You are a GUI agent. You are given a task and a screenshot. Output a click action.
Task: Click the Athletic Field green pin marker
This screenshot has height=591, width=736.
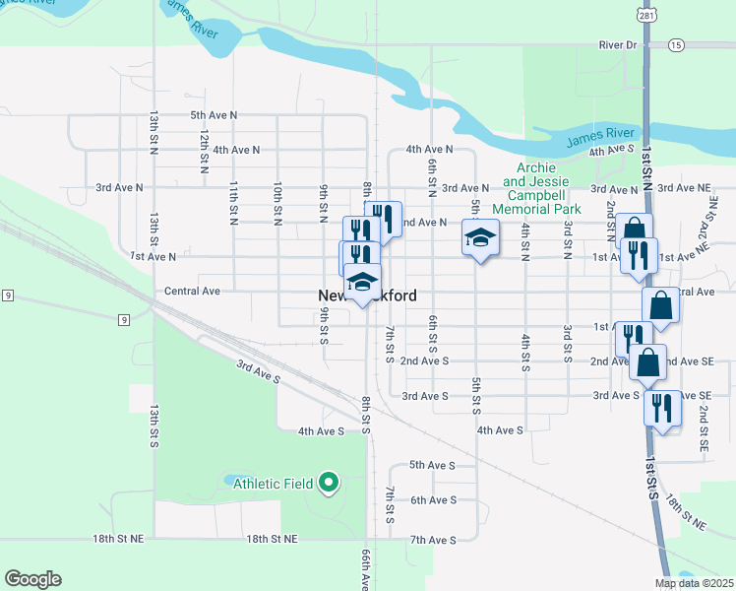(330, 484)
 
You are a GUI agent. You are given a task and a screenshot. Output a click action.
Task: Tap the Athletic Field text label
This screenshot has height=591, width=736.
(273, 484)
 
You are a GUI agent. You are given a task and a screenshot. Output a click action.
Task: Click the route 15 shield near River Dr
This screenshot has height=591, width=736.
(675, 45)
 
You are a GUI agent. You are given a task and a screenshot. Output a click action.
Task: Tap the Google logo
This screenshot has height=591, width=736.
(32, 579)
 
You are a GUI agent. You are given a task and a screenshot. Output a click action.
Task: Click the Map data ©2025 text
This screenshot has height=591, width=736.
(695, 583)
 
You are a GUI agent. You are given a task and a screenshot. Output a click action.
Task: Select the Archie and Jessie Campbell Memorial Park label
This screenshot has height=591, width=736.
(542, 188)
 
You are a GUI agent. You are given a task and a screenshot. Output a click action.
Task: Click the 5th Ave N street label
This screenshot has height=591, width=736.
(214, 115)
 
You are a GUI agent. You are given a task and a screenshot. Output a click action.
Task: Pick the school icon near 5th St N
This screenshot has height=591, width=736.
(480, 237)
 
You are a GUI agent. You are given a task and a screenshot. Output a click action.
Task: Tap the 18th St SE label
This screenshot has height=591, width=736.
(685, 514)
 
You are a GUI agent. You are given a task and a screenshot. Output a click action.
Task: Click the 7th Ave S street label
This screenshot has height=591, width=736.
(433, 540)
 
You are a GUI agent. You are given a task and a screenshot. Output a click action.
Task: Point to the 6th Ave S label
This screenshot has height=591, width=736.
(433, 500)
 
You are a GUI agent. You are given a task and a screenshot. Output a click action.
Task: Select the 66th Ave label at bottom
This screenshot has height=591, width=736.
(366, 571)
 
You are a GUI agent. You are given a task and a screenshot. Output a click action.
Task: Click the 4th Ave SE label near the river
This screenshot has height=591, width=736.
(611, 151)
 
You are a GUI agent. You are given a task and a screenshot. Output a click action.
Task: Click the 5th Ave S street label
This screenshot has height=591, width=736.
(433, 465)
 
